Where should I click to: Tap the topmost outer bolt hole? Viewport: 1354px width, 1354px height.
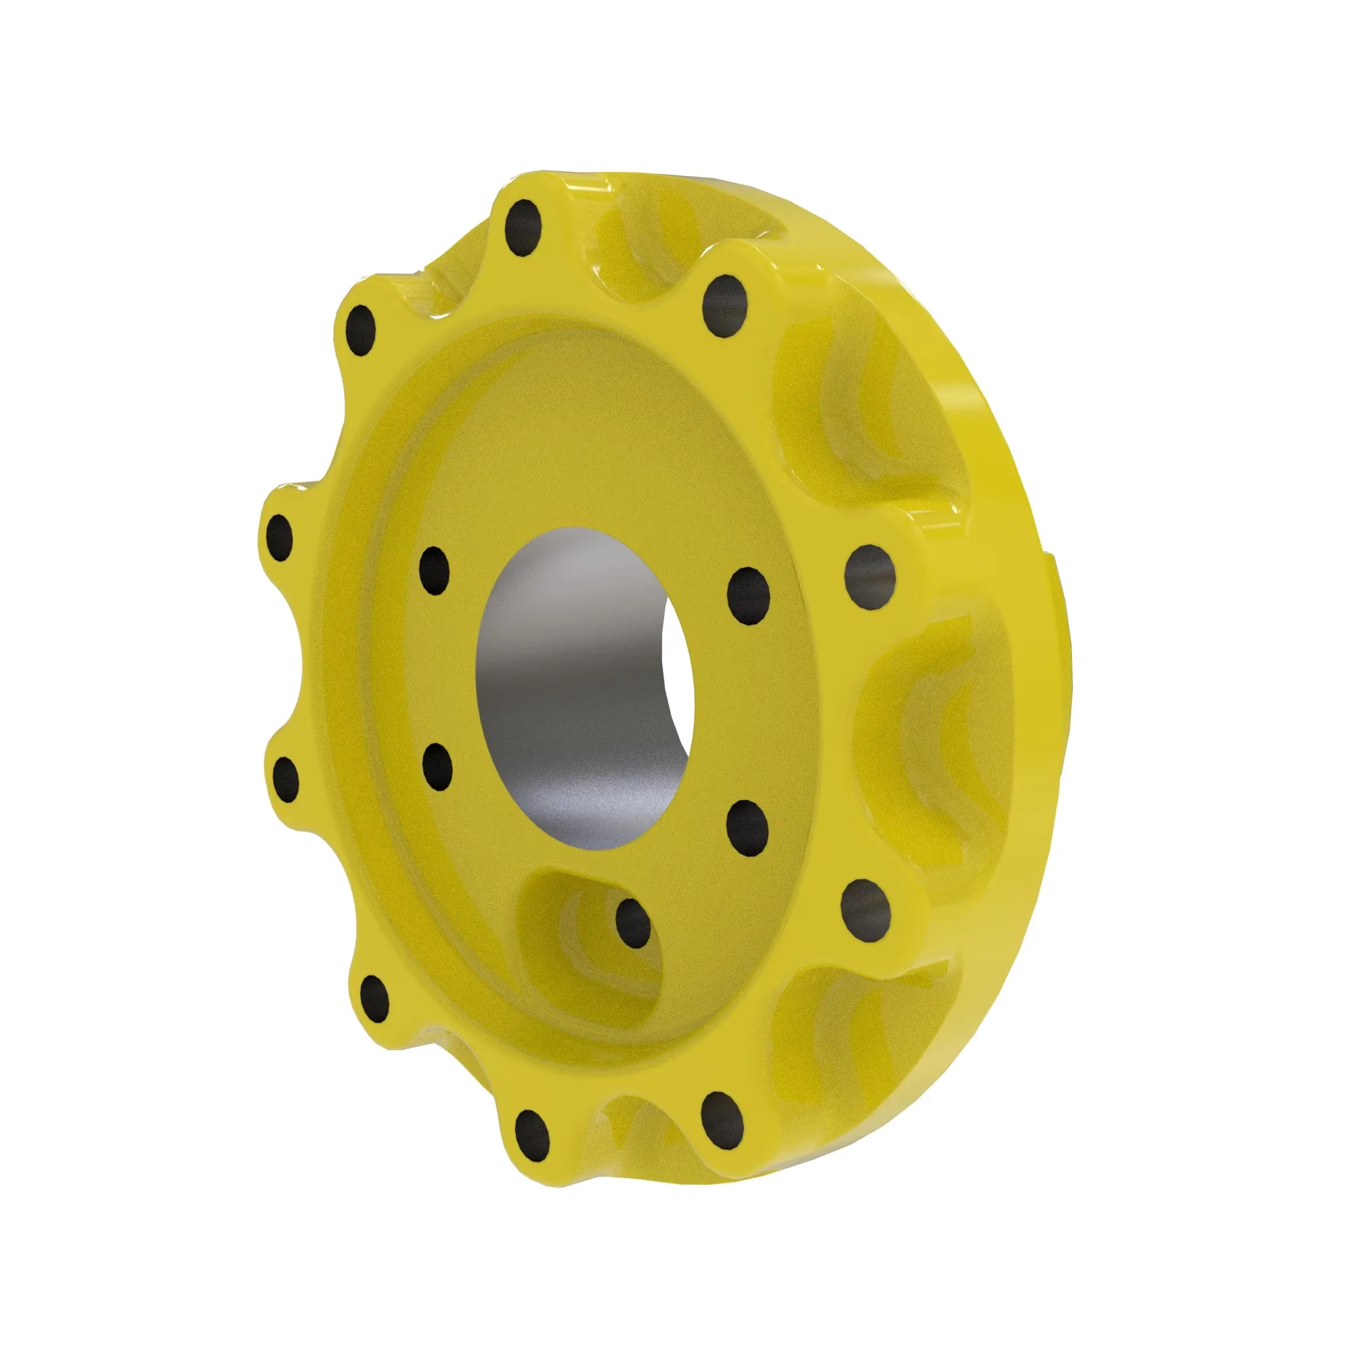point(523,228)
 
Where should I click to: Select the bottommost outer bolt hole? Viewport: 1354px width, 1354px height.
point(532,1154)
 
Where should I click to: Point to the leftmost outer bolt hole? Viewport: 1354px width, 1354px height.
point(280,538)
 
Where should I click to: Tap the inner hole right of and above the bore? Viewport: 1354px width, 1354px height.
point(749,595)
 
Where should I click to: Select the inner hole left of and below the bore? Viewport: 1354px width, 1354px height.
point(438,765)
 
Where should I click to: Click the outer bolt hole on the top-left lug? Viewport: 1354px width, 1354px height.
point(362,330)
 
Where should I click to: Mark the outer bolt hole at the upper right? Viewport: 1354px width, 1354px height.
point(725,306)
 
